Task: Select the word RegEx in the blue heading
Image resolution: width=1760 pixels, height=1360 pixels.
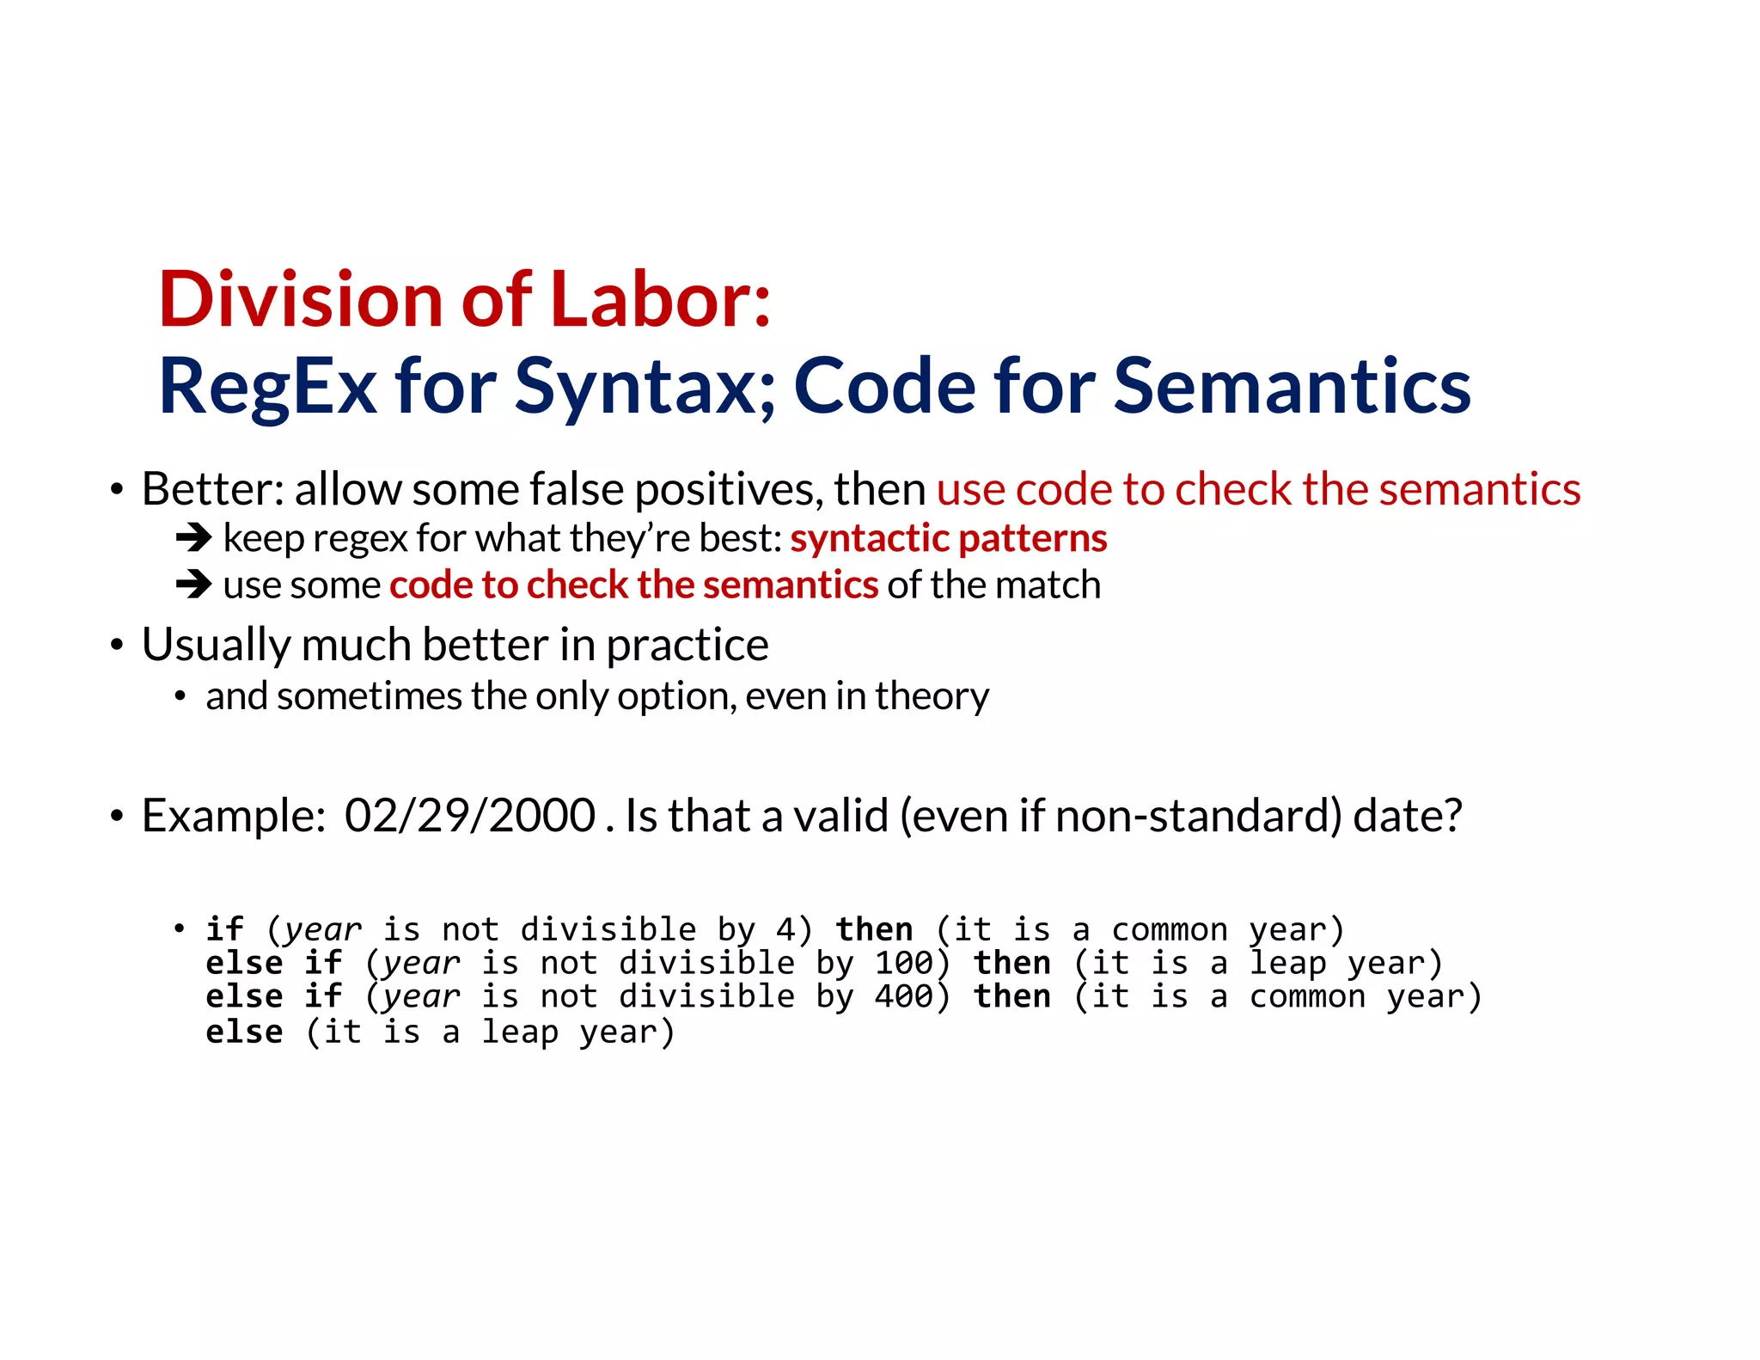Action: click(x=267, y=387)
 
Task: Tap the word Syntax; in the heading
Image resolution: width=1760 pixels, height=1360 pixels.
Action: click(x=645, y=387)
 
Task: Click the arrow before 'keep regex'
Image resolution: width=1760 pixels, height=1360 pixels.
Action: click(x=193, y=538)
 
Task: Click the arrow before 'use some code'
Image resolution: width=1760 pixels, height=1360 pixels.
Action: click(x=193, y=585)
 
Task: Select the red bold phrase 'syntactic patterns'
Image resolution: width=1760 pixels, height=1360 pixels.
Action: click(x=948, y=538)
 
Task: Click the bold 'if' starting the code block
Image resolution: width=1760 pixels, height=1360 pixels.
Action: click(x=225, y=929)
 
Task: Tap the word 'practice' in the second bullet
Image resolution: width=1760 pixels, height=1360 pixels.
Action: click(x=687, y=645)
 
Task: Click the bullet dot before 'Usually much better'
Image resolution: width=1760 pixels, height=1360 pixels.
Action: click(x=117, y=646)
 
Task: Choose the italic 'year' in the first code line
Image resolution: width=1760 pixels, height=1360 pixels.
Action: click(x=323, y=931)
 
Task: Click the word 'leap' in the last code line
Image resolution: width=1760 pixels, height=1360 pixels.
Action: click(x=519, y=1032)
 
